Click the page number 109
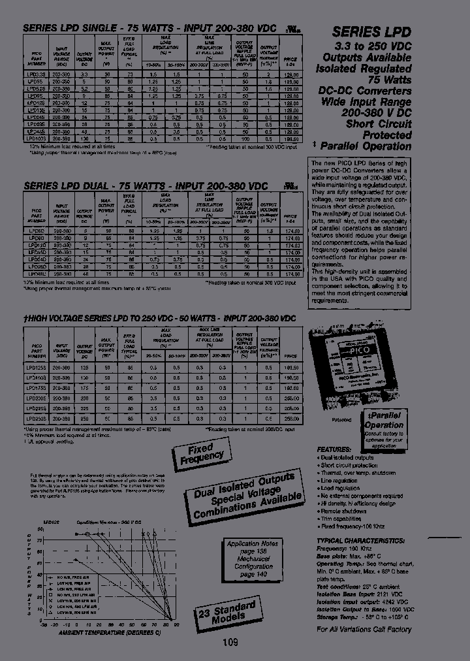tap(230, 642)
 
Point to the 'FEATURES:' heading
tap(337, 450)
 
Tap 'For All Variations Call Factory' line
tap(364, 629)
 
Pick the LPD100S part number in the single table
tap(37, 138)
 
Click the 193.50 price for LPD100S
tap(290, 138)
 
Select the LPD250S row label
tap(37, 417)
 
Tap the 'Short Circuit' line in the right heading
tap(379, 123)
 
